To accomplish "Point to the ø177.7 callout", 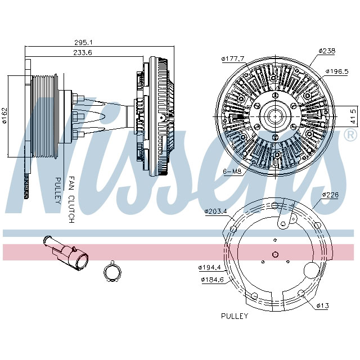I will [232, 58].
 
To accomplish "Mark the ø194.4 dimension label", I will [209, 267].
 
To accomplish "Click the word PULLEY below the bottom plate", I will [234, 316].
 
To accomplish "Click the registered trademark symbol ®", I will [349, 136].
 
